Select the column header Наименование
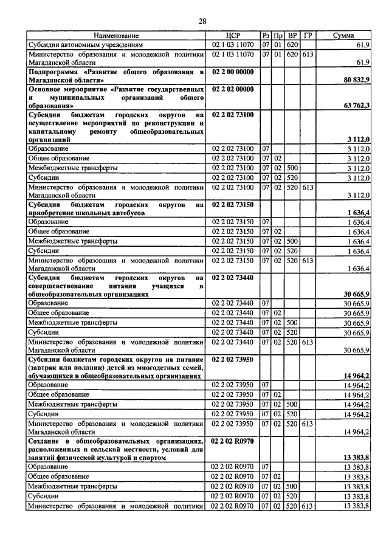[116, 36]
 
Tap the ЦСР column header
[233, 36]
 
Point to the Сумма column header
[343, 36]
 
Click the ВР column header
[292, 36]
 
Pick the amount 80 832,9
[356, 80]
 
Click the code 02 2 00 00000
[233, 72]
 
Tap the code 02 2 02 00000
[233, 89]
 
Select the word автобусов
[126, 213]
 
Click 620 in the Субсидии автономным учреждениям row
[292, 45]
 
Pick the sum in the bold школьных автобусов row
[358, 213]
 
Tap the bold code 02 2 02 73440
[233, 277]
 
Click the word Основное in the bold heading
[47, 89]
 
